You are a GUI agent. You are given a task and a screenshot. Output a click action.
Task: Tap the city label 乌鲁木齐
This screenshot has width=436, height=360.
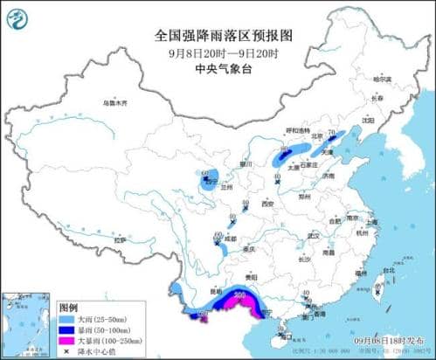[114, 102]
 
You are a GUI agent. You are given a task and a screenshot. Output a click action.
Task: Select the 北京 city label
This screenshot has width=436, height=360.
[319, 135]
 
